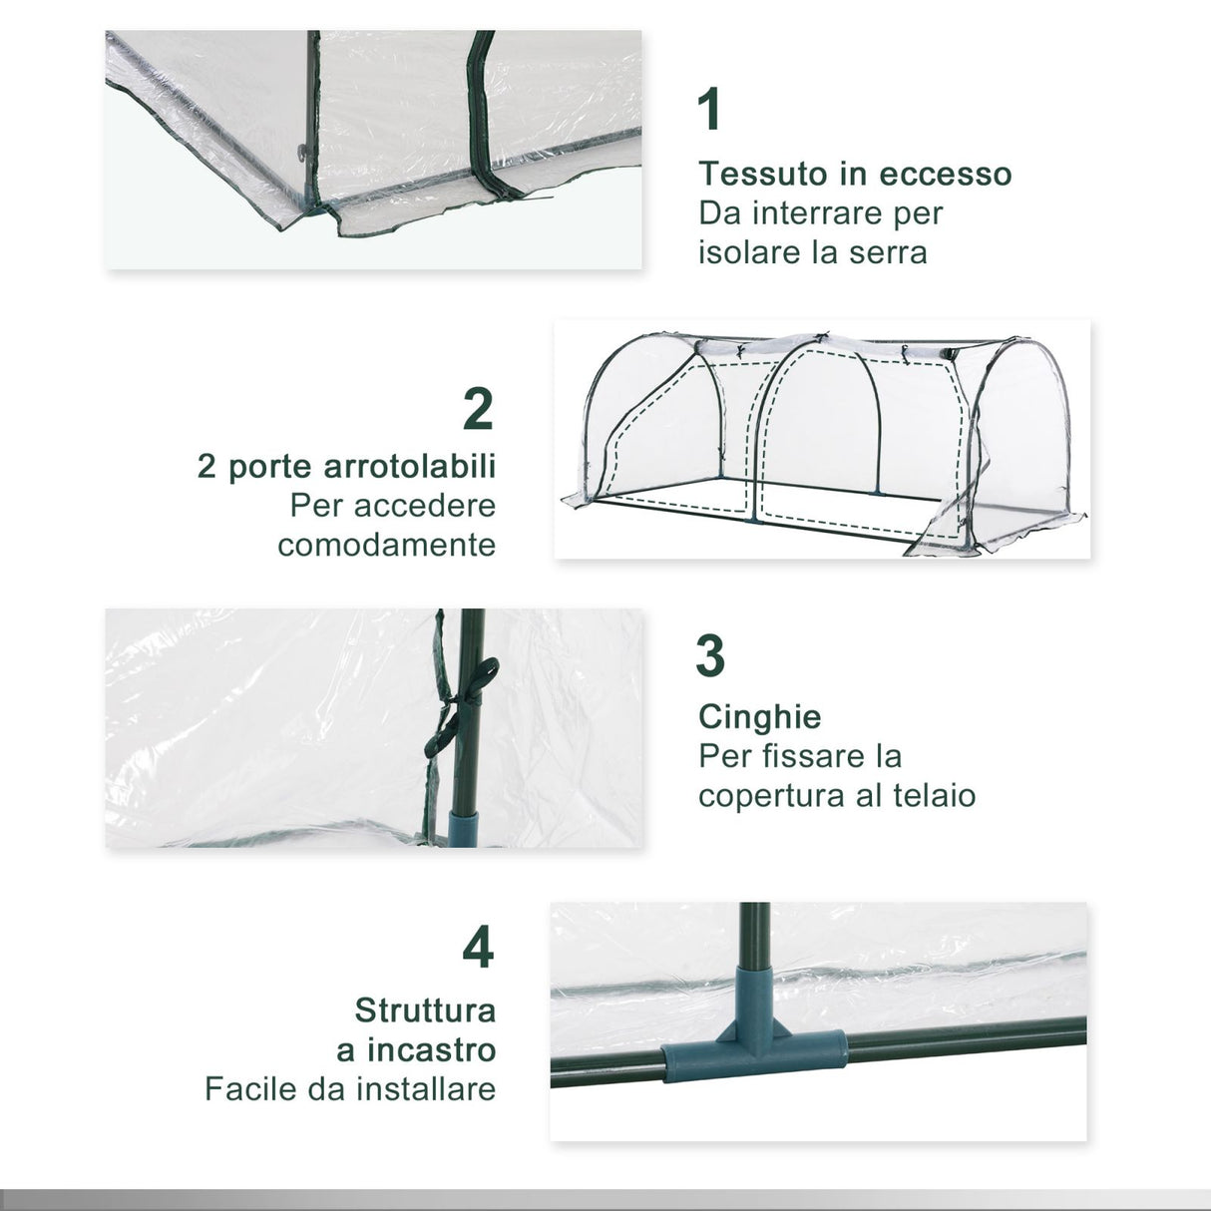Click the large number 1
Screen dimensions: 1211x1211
pyautogui.click(x=709, y=110)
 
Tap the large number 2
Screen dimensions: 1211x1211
pyautogui.click(x=479, y=408)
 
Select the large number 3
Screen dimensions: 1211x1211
pyautogui.click(x=710, y=655)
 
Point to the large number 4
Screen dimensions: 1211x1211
pyautogui.click(x=479, y=948)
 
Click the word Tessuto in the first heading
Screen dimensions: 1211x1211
pyautogui.click(x=763, y=174)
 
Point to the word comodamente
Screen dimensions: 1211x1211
pyautogui.click(x=387, y=545)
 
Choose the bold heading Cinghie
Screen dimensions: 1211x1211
pyautogui.click(x=760, y=716)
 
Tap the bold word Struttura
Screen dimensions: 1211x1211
pyautogui.click(x=425, y=1009)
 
